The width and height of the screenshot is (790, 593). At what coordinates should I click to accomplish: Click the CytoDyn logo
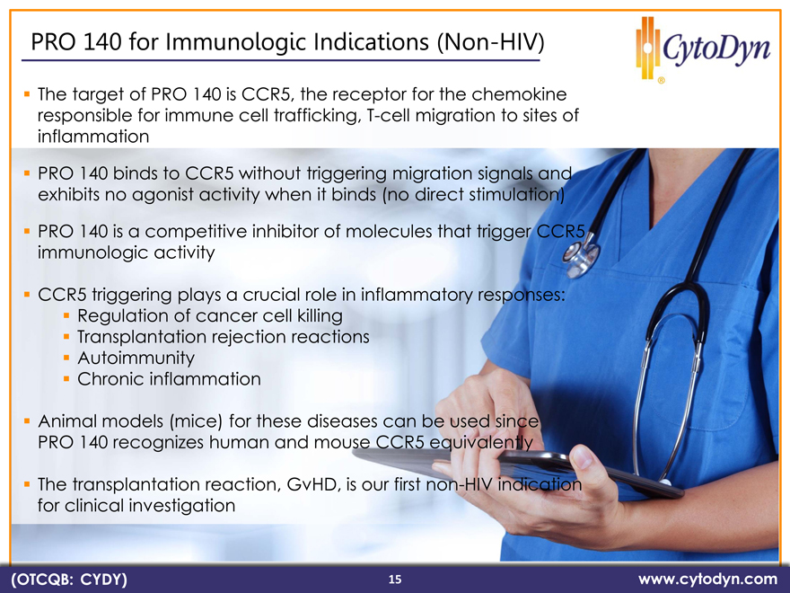coord(702,49)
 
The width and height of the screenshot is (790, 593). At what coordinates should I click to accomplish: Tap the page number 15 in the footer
coord(395,580)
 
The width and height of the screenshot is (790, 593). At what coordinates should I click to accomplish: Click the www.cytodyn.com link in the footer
coord(707,579)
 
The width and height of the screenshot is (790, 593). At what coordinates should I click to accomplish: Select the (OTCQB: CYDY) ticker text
coord(69,580)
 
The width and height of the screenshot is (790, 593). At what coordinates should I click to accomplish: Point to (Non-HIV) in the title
coord(491,42)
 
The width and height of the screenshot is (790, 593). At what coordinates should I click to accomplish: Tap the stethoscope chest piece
coord(581,256)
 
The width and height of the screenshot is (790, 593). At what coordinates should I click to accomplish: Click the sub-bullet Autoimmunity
coord(136,358)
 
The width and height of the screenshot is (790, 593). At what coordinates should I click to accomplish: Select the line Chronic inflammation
coord(169,378)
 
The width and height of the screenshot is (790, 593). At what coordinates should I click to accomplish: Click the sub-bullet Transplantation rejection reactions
coord(224,337)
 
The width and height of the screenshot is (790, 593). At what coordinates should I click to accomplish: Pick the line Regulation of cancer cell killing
coord(209,315)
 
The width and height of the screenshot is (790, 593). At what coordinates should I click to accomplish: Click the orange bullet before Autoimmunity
coord(66,358)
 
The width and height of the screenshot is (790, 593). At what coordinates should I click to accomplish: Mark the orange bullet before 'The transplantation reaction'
coord(27,484)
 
